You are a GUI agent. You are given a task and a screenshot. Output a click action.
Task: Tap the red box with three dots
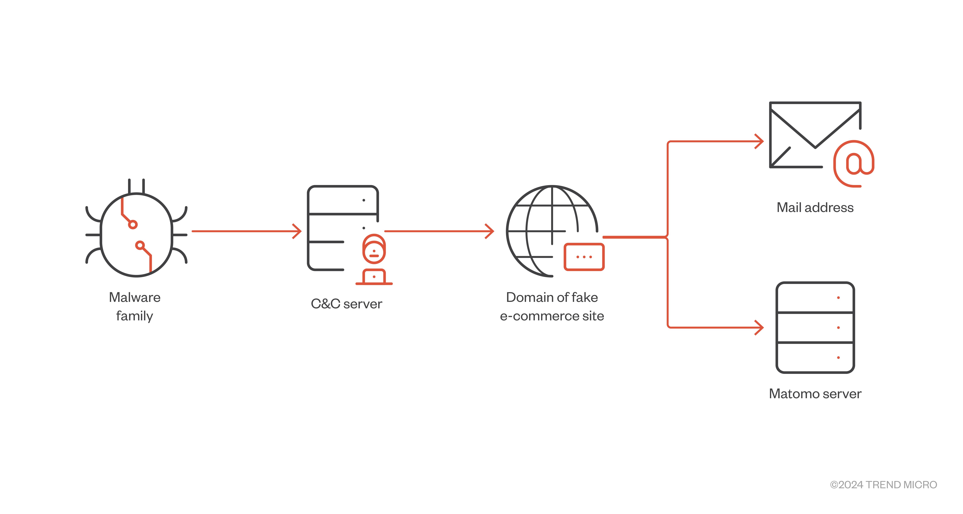tap(584, 257)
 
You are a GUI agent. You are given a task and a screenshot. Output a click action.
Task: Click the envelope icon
tap(808, 135)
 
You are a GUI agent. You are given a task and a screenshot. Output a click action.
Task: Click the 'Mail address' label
tap(815, 207)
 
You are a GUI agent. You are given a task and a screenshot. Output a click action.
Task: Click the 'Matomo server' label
tap(815, 394)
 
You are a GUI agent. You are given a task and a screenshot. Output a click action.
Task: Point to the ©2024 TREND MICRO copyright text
tap(883, 484)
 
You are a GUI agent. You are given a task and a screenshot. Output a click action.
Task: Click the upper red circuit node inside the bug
tap(133, 224)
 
